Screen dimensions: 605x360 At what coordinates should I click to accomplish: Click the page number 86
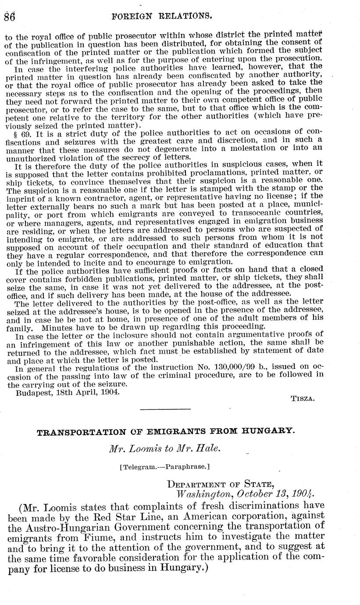[x=9, y=17]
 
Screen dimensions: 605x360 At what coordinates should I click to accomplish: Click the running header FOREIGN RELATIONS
[x=162, y=17]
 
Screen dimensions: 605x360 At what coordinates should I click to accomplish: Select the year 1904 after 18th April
[x=110, y=392]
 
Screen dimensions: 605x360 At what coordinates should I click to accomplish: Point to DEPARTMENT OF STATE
[x=221, y=484]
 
